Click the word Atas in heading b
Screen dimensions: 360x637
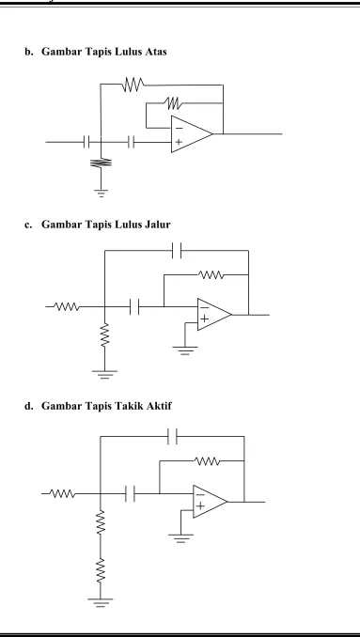(x=156, y=52)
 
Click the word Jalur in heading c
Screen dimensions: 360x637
(x=157, y=225)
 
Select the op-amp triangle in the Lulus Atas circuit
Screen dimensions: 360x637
(x=192, y=134)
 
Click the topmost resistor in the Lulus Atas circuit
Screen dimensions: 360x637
(x=133, y=85)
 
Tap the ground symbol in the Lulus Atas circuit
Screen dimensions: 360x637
(x=101, y=193)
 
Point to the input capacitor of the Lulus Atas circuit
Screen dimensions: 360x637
(x=86, y=142)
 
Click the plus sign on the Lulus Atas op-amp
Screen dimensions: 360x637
(x=179, y=142)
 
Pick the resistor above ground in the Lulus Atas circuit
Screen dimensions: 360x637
(x=101, y=163)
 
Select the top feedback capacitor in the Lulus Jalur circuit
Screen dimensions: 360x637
(x=177, y=250)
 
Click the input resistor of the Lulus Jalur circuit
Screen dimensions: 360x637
(x=67, y=306)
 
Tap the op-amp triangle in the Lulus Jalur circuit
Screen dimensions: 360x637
(x=214, y=315)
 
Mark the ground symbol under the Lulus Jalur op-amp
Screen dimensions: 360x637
(x=185, y=350)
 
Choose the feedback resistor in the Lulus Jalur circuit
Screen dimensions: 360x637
(x=211, y=274)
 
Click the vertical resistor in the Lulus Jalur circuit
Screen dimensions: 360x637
(x=104, y=334)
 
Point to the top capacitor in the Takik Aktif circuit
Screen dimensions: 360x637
(x=172, y=436)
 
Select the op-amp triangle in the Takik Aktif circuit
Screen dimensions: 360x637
(x=210, y=502)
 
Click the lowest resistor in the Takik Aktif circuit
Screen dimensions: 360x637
(x=100, y=571)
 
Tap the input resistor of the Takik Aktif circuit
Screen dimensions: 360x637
(x=63, y=493)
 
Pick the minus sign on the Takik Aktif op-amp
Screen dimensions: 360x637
(x=200, y=495)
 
